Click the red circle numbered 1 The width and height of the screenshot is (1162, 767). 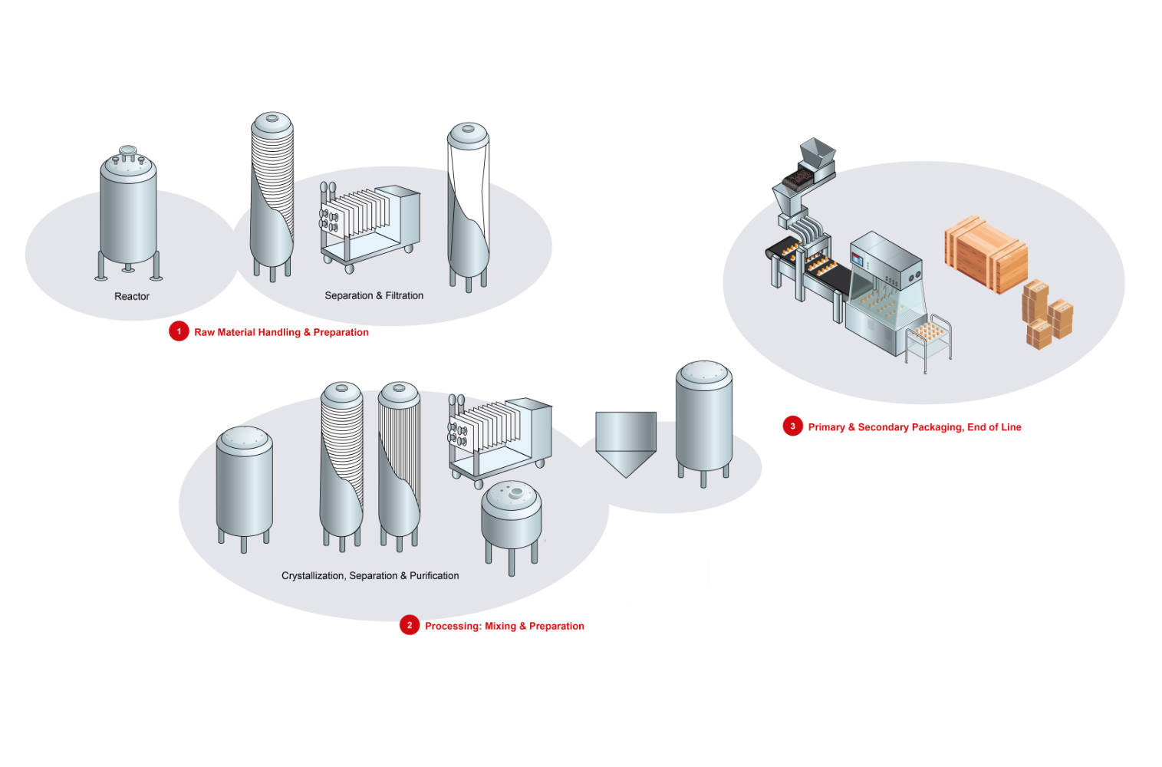[179, 331]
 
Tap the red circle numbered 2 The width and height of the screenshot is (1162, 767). [410, 625]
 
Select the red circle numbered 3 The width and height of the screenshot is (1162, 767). [792, 426]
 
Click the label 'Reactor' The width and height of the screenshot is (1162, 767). [132, 296]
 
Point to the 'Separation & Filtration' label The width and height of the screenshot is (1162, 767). [374, 295]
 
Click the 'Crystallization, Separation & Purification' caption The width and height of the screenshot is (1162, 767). [370, 575]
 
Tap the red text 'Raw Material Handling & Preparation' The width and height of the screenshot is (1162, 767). [281, 332]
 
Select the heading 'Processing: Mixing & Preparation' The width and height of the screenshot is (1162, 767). [504, 626]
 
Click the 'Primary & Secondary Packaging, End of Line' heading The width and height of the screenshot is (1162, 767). [914, 427]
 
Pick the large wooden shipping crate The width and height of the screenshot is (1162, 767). [986, 253]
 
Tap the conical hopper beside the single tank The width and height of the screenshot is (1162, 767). [626, 442]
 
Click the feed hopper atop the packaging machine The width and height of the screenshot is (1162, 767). [816, 157]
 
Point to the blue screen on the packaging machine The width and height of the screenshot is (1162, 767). [857, 258]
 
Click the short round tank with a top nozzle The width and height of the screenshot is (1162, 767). [511, 518]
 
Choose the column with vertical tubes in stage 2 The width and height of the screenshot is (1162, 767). [399, 464]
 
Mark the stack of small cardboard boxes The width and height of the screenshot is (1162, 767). [1047, 314]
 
